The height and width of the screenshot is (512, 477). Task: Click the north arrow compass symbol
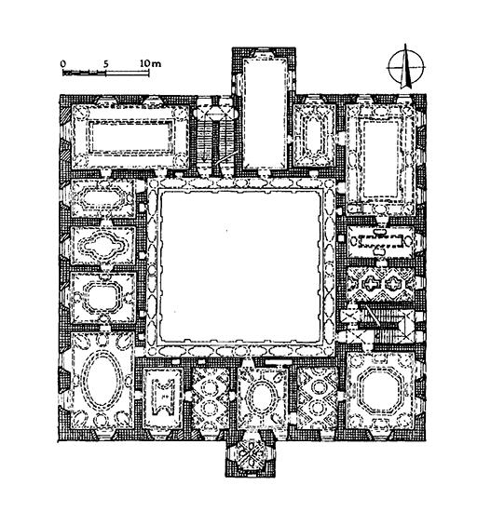pos(405,67)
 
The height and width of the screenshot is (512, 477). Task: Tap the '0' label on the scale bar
pos(63,63)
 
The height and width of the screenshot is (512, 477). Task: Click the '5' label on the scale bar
pos(105,63)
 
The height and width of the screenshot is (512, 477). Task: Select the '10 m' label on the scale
pos(151,63)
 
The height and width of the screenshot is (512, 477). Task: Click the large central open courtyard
pos(240,266)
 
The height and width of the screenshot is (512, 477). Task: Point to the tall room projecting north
pos(265,113)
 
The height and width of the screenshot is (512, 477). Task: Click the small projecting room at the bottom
pos(251,454)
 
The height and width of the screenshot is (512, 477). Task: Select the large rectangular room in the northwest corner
pos(130,137)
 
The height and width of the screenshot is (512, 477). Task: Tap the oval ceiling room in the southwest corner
pos(102,381)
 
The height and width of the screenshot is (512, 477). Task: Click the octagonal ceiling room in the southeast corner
pos(381,391)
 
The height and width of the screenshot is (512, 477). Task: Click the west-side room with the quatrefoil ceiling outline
pos(103,245)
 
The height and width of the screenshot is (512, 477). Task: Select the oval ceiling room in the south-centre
pos(262,397)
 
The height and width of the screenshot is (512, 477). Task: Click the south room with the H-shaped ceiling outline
pos(163,397)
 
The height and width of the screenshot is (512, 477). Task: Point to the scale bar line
pos(106,73)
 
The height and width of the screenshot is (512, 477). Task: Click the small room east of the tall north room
pos(314,136)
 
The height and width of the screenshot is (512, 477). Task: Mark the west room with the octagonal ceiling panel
pos(103,297)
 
